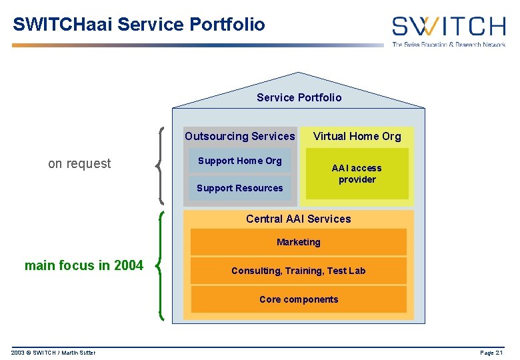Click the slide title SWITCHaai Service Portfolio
(139, 25)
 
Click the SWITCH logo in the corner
(448, 27)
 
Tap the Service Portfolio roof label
(299, 97)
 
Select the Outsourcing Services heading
(239, 136)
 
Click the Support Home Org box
(239, 161)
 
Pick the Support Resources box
(239, 188)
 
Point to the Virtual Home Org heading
(357, 136)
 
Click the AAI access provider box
(357, 174)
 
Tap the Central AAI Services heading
(298, 219)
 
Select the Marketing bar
(298, 242)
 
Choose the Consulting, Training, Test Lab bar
(298, 271)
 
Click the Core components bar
(298, 299)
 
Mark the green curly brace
(161, 265)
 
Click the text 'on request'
(79, 164)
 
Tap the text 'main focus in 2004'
(83, 265)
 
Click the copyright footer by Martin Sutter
(53, 353)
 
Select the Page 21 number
(492, 353)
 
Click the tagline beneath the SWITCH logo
(448, 45)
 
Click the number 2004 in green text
(129, 265)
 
